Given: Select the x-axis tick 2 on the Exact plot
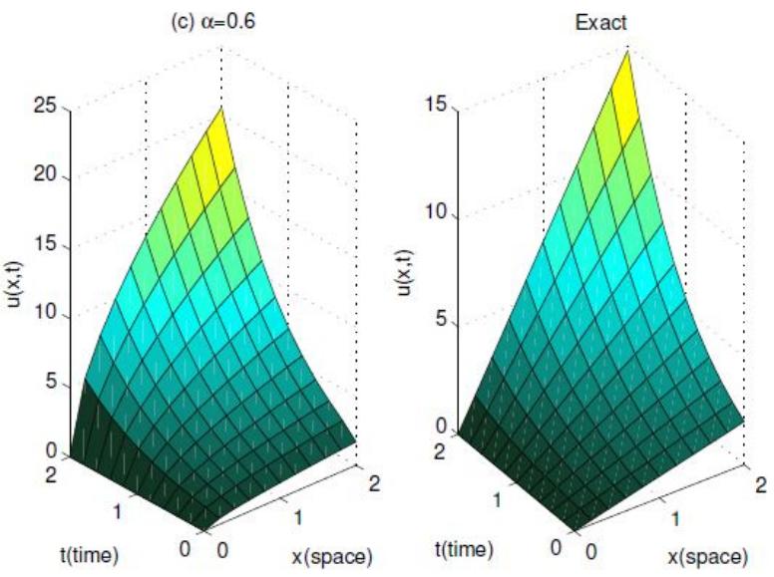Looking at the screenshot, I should click(x=761, y=486).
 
